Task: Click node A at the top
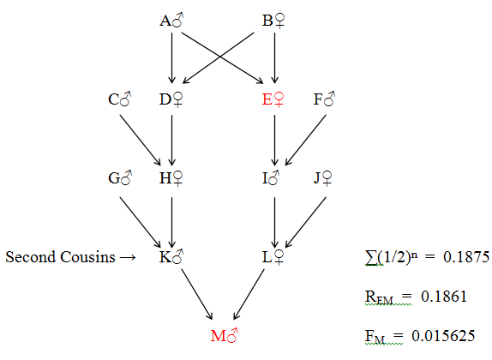point(171,21)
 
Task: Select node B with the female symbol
point(273,21)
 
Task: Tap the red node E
point(273,99)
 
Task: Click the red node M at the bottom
point(225,335)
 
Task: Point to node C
point(119,99)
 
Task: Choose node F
point(325,99)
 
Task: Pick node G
point(120,178)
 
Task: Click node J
point(323,178)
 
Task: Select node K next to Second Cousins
point(171,257)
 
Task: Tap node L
point(273,257)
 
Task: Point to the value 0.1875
point(466,257)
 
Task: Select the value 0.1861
point(444,296)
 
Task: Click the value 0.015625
point(443,335)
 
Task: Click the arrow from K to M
point(197,294)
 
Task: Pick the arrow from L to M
point(249,294)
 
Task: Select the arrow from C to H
point(141,140)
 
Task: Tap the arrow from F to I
point(306,140)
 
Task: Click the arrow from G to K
point(141,223)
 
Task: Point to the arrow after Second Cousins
point(128,258)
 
